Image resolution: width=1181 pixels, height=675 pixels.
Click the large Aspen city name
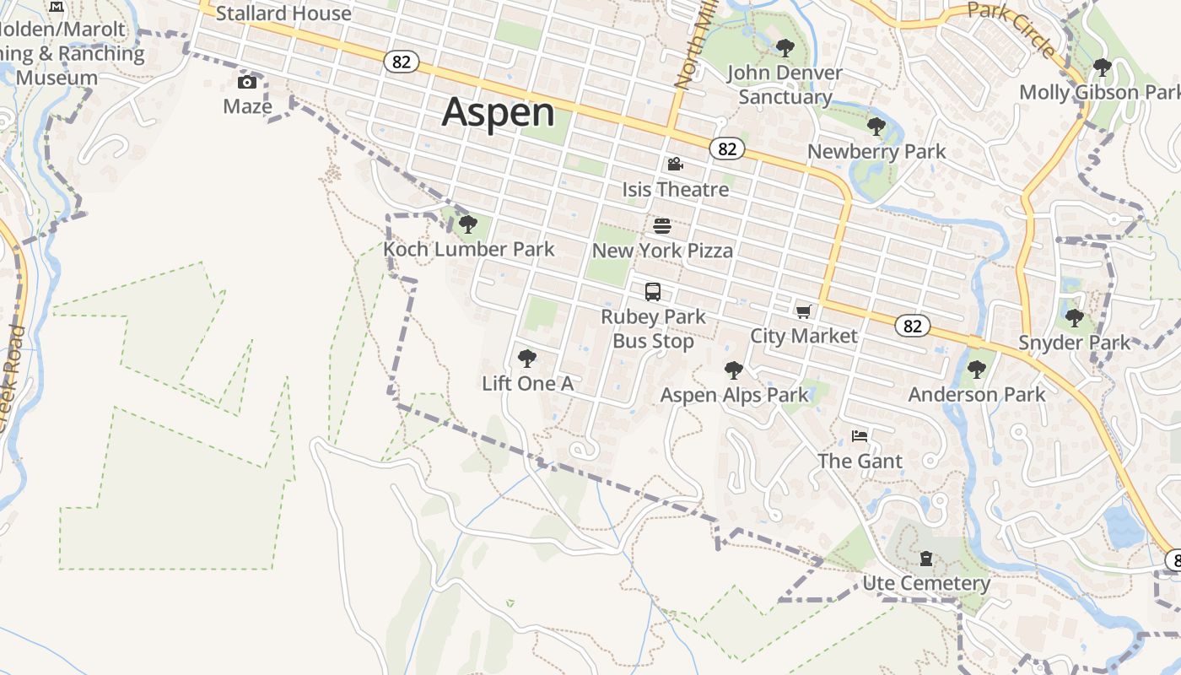point(499,112)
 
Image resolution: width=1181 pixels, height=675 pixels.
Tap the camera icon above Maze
point(247,82)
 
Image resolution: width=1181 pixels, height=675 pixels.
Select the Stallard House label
point(283,13)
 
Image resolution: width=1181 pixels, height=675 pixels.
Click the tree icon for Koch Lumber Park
point(468,224)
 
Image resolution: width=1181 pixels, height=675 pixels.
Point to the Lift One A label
point(527,384)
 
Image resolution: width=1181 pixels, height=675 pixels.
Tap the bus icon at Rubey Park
point(653,292)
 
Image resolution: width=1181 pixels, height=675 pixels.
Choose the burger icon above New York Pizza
point(662,226)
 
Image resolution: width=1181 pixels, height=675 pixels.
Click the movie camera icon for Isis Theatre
point(675,165)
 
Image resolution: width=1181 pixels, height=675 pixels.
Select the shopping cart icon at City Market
point(803,312)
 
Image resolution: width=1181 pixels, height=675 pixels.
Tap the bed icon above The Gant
point(860,436)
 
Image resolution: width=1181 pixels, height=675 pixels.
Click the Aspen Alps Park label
point(734,395)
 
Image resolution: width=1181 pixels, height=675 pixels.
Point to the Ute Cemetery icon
point(926,559)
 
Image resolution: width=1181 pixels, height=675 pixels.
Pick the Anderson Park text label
point(977,394)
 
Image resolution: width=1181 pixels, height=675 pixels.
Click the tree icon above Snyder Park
point(1074,318)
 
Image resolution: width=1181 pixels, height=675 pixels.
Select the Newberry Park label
point(876,152)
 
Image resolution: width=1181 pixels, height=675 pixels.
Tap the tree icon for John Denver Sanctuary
point(785,48)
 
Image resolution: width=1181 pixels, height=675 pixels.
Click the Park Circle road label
point(1011,28)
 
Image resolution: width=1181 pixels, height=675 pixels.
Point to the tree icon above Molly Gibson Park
point(1102,67)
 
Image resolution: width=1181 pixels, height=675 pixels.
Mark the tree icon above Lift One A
point(527,359)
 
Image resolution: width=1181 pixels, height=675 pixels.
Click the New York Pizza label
point(662,251)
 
